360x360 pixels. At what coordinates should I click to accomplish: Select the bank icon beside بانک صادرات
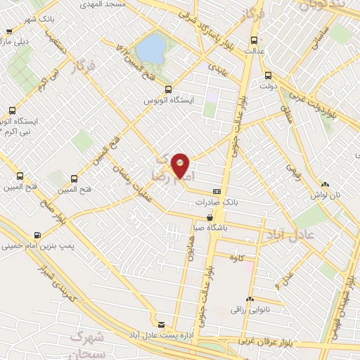pyautogui.click(x=217, y=191)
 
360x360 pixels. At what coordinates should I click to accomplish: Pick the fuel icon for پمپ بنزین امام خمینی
pyautogui.click(x=37, y=236)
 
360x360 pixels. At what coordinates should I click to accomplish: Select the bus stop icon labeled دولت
pyautogui.click(x=268, y=76)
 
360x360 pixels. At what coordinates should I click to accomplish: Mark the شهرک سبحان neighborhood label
pyautogui.click(x=92, y=344)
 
